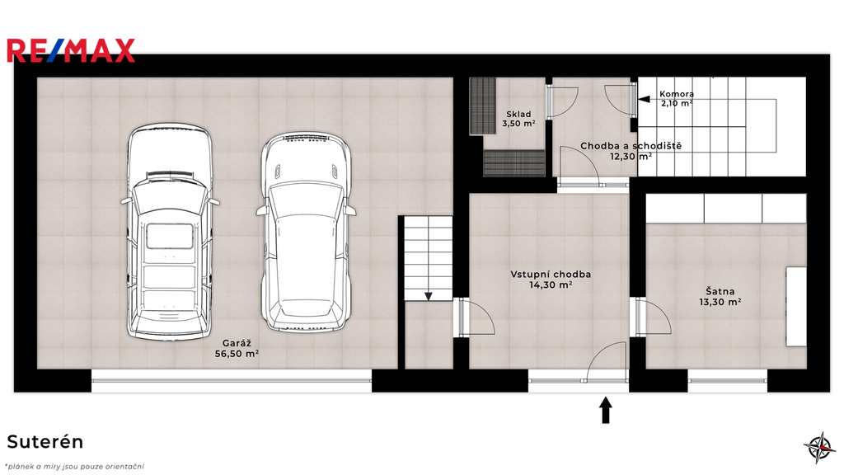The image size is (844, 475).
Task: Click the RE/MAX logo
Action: [71, 50]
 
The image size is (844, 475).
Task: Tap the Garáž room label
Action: [237, 343]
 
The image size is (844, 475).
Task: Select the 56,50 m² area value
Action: [237, 354]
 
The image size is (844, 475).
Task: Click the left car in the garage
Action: [170, 232]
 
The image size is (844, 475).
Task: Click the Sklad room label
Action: [518, 114]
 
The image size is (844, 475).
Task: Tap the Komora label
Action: [677, 94]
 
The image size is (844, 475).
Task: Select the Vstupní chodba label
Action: [551, 274]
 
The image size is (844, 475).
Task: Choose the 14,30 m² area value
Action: [551, 285]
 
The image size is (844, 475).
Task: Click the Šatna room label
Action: [720, 291]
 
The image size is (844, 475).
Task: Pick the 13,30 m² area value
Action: [720, 302]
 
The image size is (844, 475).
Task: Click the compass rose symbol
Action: [820, 447]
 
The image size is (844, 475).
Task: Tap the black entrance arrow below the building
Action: [606, 410]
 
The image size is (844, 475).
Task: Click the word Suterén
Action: [45, 442]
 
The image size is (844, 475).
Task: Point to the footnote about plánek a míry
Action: [74, 467]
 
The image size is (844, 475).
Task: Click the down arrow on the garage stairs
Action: [429, 296]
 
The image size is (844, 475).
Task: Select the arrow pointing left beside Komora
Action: [645, 99]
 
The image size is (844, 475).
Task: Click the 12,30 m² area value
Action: [631, 157]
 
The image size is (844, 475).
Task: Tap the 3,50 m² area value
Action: [518, 124]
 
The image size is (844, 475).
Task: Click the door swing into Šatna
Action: [654, 318]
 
